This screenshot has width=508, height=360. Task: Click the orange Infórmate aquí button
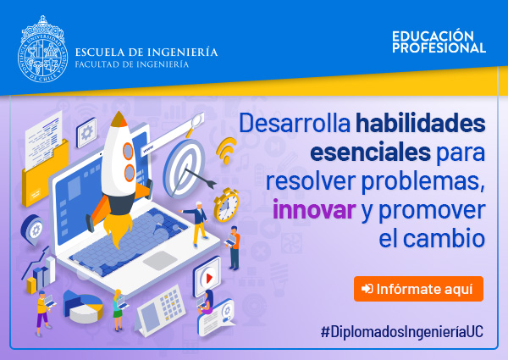[418, 289]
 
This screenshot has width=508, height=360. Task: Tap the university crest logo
[43, 49]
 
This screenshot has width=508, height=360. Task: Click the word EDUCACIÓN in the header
[433, 36]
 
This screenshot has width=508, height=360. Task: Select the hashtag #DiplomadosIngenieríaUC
[401, 332]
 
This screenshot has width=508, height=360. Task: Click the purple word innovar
[314, 210]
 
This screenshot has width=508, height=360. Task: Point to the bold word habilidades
[420, 123]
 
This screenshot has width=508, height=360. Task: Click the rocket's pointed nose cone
[119, 119]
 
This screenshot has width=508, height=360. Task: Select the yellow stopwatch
[226, 204]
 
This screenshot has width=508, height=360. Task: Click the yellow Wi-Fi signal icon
[226, 150]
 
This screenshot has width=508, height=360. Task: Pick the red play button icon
[209, 278]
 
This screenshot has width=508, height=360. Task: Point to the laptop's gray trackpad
[160, 259]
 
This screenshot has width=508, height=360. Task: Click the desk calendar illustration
[160, 310]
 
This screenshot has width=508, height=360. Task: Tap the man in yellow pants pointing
[197, 224]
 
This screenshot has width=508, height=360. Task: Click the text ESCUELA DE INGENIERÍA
[146, 52]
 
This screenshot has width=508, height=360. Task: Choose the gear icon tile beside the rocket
[86, 132]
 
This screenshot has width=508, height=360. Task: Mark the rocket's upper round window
[128, 151]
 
